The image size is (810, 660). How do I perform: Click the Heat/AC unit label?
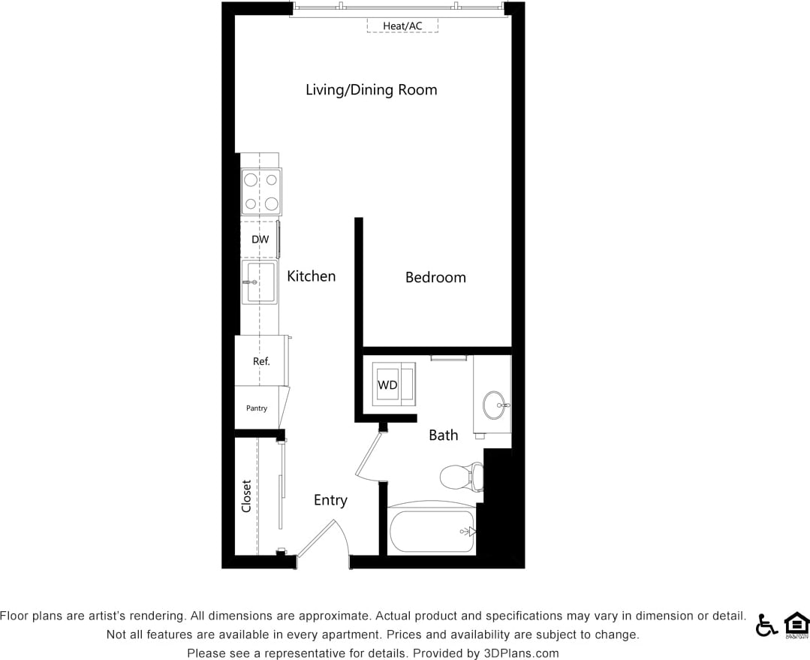[x=402, y=26]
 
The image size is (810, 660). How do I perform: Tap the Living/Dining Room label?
[x=371, y=90]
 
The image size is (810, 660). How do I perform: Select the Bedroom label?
[x=435, y=277]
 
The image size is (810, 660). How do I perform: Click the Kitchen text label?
[x=311, y=276]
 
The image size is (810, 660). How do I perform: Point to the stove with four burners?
[x=260, y=191]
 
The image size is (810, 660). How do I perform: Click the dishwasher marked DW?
[x=260, y=240]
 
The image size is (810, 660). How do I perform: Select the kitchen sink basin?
[x=260, y=282]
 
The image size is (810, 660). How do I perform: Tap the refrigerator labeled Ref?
[x=260, y=361]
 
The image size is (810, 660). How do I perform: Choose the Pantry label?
[x=257, y=408]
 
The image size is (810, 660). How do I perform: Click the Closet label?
[x=246, y=496]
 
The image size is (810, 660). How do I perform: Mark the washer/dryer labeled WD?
[x=387, y=385]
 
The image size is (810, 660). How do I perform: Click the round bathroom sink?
[x=494, y=405]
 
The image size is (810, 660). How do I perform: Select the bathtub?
[x=432, y=532]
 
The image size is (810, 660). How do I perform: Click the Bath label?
[x=443, y=435]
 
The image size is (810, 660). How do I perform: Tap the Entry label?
[x=330, y=500]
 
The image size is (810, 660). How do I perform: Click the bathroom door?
[x=369, y=455]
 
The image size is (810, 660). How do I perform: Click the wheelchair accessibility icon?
[x=766, y=625]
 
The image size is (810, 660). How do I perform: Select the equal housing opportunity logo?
[x=796, y=625]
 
